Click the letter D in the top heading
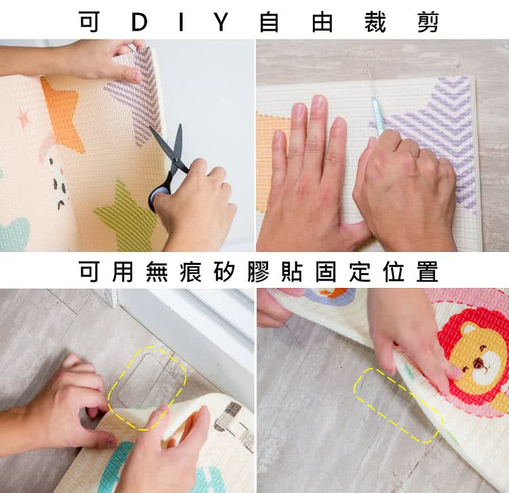[x=140, y=22]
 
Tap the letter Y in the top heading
[x=222, y=22]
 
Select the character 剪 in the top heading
[x=428, y=22]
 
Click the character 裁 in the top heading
[x=375, y=22]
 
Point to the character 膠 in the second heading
[x=258, y=271]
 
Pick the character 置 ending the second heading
[x=428, y=271]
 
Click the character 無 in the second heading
[x=157, y=271]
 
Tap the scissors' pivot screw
[x=176, y=160]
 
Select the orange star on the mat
[x=63, y=113]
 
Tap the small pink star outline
[x=22, y=117]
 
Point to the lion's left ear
[x=468, y=330]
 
